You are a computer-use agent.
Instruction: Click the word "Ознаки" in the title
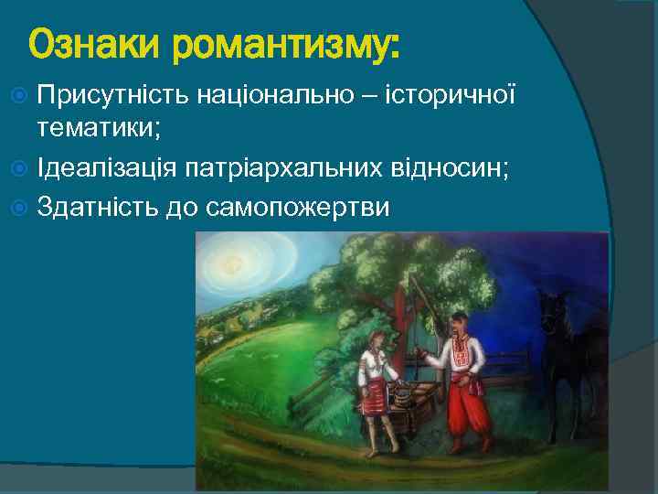click(x=83, y=43)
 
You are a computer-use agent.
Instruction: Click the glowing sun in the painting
click(x=237, y=264)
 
